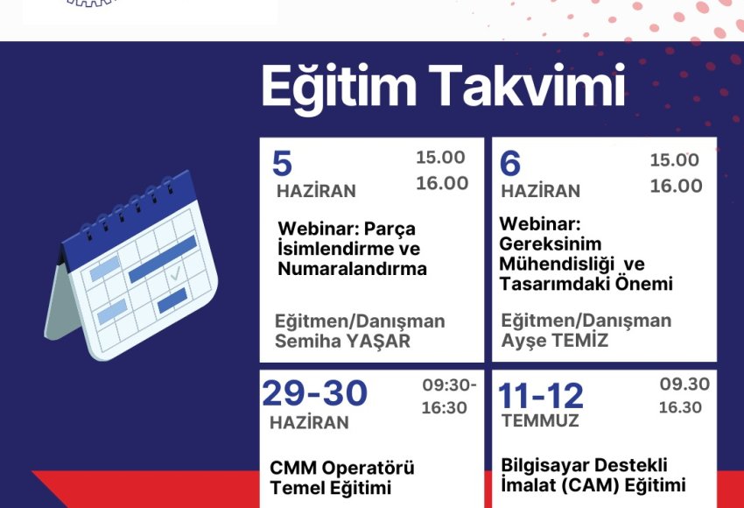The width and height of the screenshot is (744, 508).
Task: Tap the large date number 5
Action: (283, 163)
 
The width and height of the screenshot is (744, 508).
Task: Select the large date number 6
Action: (510, 163)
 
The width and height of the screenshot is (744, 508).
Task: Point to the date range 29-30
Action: (314, 393)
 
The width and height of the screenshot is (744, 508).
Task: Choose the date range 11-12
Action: (541, 396)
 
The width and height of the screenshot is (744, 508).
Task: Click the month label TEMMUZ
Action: (540, 420)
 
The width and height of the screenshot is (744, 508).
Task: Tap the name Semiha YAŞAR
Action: (342, 342)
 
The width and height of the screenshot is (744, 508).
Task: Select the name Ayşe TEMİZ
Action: (555, 341)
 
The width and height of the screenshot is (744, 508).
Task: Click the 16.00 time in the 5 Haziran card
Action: (442, 183)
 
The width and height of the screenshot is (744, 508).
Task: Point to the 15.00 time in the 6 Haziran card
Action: (674, 160)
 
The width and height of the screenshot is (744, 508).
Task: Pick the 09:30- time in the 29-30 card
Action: (449, 385)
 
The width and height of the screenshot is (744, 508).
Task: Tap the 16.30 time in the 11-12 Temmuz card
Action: (680, 407)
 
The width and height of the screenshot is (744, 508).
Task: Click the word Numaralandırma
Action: (353, 269)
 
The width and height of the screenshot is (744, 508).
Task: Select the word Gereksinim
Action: (551, 244)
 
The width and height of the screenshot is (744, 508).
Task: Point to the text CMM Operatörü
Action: (342, 468)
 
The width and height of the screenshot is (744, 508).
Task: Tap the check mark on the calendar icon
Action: (175, 273)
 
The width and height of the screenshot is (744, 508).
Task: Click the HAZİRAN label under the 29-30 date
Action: (309, 422)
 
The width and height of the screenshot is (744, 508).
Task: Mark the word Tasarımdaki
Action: (555, 284)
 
